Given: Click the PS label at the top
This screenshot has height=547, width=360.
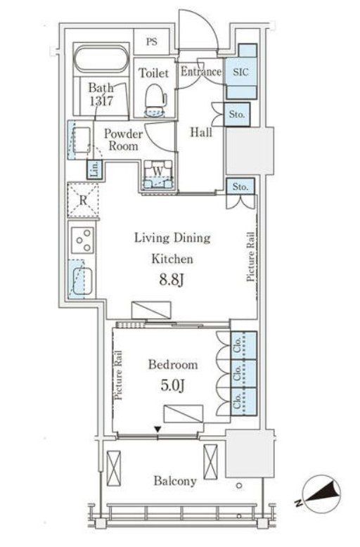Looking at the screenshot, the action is pos(151,42).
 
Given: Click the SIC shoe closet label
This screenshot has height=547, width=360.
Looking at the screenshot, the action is pos(240,72).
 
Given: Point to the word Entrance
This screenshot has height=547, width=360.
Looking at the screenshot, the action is pos(201,72).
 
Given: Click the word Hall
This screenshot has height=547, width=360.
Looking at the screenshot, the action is pos(201,132).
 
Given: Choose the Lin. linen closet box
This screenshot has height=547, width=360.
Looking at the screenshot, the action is pos(94,169).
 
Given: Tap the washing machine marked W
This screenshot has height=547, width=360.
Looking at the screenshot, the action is pos(158,175).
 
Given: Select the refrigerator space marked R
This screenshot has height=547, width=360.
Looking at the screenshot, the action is pos(83,200).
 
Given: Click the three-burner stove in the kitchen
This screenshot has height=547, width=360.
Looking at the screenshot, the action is pos(83,240).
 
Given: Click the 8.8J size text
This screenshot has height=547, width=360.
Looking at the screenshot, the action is pos(172,280).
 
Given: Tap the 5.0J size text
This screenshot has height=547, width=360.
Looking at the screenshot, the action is pos(173,385).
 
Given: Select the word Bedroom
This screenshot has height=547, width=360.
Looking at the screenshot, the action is pos(173,365).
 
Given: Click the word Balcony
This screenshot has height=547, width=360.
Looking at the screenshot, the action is pos(175,481).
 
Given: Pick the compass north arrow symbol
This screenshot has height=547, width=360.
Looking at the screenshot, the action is pos(321,496).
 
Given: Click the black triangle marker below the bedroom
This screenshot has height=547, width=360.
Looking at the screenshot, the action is pos(158,429).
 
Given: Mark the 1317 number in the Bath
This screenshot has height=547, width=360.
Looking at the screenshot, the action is pos(101,101).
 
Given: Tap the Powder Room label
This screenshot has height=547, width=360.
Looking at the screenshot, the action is pos(123,139).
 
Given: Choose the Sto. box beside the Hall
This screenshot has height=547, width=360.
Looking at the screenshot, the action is pos(237,115).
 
